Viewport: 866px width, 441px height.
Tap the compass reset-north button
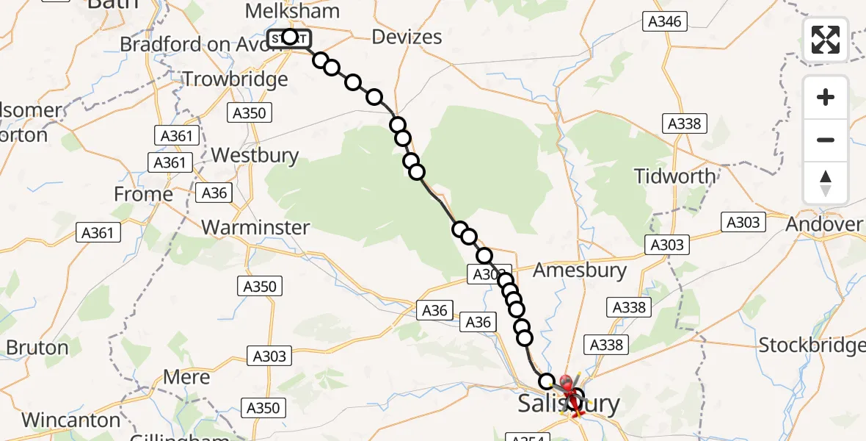coord(826,183)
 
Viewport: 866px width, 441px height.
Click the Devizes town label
coord(407,37)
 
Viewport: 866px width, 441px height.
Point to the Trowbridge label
coord(235,79)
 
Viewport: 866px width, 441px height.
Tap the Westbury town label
coord(255,156)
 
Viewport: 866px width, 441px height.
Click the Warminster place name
coord(255,227)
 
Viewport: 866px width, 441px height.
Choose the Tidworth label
coord(674,176)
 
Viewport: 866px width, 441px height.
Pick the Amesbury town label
coord(580,270)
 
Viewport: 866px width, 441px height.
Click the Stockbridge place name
coord(812,345)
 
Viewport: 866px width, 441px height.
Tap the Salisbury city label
coord(569,404)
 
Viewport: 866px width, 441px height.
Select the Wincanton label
coord(71,420)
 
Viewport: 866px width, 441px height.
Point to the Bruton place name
coord(37,347)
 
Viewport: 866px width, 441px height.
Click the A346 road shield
coord(664,21)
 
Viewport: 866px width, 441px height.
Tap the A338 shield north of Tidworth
coord(684,123)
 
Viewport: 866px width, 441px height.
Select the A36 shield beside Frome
coord(214,193)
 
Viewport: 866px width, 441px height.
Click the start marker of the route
coord(289,37)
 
